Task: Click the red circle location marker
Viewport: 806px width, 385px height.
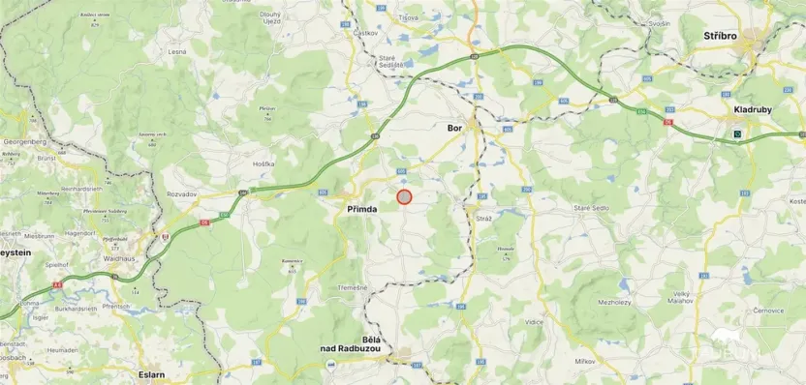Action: [404, 196]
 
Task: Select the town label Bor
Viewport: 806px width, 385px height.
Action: [454, 127]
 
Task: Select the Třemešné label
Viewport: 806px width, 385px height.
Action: [352, 287]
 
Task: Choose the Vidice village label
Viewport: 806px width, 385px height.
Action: [534, 320]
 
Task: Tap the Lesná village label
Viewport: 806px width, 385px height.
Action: [176, 50]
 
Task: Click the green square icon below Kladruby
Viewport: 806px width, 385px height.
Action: [738, 133]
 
